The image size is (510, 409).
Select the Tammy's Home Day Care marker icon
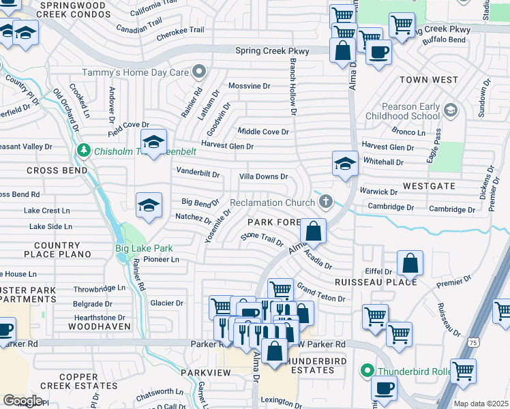click(199, 72)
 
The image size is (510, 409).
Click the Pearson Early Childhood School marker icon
click(450, 110)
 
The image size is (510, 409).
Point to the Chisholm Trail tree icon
click(84, 150)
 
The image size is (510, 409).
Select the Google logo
click(22, 401)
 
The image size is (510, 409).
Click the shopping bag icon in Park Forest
click(313, 232)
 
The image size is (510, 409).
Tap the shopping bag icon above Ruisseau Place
click(410, 263)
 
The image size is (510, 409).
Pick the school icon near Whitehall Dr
click(345, 164)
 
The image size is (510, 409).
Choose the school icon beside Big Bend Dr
click(149, 205)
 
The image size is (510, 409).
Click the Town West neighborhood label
click(428, 80)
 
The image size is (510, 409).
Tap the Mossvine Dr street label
click(250, 86)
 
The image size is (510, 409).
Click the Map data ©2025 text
click(481, 404)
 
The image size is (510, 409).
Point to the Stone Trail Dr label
click(262, 241)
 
